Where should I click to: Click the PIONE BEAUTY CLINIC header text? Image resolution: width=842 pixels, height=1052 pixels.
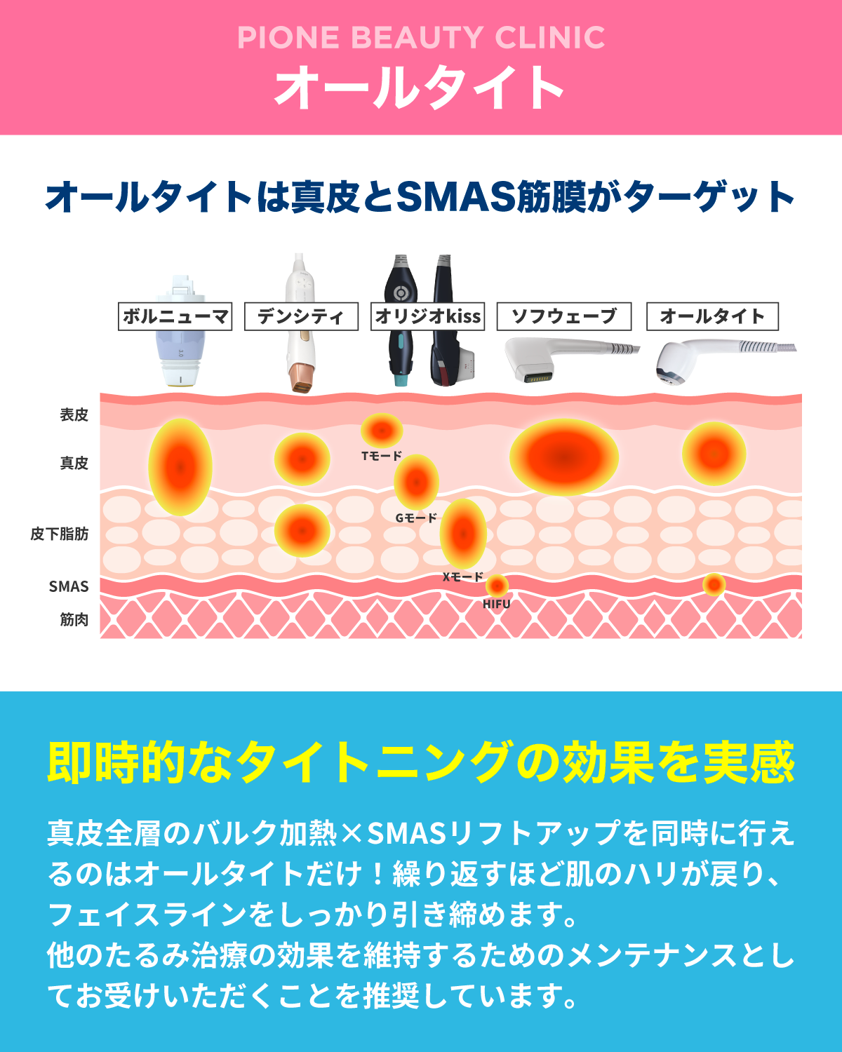421,38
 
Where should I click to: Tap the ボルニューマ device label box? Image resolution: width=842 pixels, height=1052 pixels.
175,316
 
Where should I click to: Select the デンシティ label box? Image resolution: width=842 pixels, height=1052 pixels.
301,316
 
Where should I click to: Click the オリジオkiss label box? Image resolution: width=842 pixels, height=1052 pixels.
427,316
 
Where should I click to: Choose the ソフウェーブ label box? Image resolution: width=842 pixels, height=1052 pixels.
563,316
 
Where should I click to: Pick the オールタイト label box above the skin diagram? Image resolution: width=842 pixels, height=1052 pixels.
711,316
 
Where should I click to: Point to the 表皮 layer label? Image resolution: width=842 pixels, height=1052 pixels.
74,415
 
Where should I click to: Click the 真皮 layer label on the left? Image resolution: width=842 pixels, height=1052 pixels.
74,463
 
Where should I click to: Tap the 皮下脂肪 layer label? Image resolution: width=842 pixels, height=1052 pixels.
60,534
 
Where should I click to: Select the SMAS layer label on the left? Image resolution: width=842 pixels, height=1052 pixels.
69,586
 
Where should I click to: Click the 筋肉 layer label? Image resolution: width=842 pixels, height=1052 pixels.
74,619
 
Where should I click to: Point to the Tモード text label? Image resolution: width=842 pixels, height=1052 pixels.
382,456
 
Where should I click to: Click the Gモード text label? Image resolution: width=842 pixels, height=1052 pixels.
416,518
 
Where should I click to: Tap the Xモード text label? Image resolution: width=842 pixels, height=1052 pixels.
462,577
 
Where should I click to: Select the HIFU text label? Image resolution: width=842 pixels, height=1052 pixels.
496,604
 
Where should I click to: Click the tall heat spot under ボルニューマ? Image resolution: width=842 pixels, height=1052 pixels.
180,467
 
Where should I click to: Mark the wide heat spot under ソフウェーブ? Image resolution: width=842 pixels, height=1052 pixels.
563,457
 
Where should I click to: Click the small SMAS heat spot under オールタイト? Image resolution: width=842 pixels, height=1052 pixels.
714,584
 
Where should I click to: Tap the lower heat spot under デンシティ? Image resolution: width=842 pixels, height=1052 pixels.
302,531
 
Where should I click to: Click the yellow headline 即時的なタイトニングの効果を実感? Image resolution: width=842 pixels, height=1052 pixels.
421,762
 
